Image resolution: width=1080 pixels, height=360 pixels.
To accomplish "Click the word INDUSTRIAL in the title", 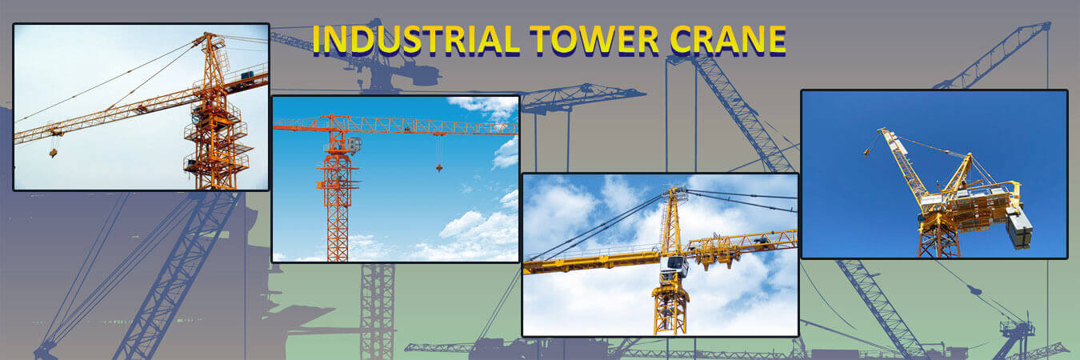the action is click(x=416, y=39).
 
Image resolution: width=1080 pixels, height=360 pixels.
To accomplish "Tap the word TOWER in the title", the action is click(x=594, y=39).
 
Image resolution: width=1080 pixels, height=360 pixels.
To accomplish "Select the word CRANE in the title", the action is click(x=728, y=39).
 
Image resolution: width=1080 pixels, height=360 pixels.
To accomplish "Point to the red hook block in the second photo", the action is click(x=439, y=168).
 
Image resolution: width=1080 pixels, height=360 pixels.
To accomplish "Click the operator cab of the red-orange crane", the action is click(x=354, y=144).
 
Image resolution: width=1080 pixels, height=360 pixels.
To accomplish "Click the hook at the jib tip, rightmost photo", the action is click(x=866, y=152).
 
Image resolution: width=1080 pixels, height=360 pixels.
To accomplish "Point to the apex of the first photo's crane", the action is click(x=207, y=34).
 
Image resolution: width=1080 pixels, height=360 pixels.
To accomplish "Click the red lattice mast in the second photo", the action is click(x=338, y=208).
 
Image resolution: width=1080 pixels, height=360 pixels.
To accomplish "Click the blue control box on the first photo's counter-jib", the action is click(x=247, y=75).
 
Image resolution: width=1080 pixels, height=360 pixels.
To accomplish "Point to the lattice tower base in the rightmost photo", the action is click(x=938, y=240).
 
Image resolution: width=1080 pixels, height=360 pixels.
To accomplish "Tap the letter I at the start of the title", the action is click(x=317, y=39).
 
